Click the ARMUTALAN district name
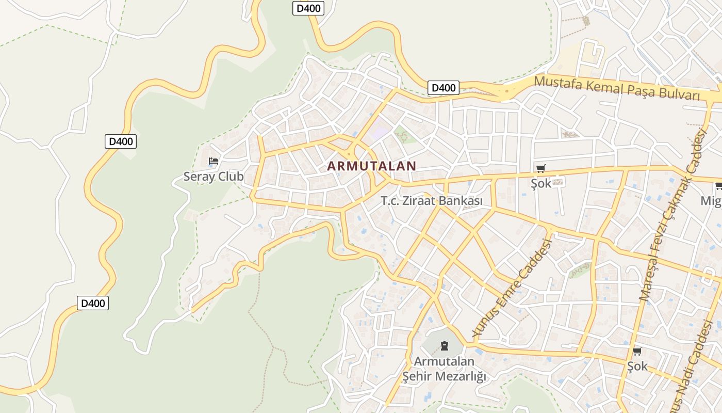pos(371,166)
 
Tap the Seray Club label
pos(214,177)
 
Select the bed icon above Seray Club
pos(213,162)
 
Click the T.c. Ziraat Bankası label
pos(432,201)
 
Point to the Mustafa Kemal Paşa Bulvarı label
pos(617,88)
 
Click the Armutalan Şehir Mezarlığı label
pos(444,369)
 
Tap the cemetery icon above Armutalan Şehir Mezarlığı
pos(445,346)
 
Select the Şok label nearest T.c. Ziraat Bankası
pos(541,183)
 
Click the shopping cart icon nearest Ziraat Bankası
pos(540,168)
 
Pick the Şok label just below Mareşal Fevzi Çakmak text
pos(637,366)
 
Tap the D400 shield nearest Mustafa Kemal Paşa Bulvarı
pos(444,88)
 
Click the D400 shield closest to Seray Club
pos(121,141)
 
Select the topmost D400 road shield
pos(308,8)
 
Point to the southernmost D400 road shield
pos(93,303)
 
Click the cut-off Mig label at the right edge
pos(711,201)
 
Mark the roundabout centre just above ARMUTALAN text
pos(349,153)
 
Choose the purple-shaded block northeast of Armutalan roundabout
pos(380,130)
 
